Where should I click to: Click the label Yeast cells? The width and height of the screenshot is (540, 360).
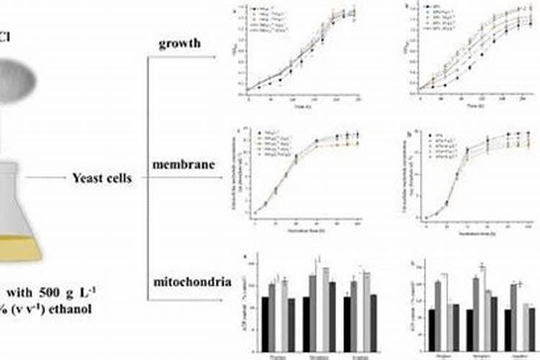100,176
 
